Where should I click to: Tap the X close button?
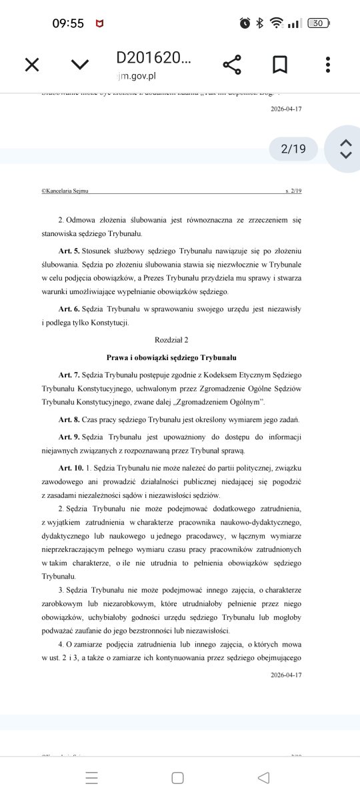(x=32, y=65)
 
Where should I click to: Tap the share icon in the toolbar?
(x=232, y=65)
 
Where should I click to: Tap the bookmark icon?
(x=280, y=65)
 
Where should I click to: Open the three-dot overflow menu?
(x=328, y=65)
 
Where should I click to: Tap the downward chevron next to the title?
(x=80, y=65)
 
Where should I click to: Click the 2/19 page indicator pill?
(x=293, y=149)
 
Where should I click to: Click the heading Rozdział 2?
(x=172, y=340)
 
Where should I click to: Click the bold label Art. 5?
(x=69, y=253)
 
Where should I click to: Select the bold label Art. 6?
(x=69, y=309)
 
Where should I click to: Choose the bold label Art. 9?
(x=69, y=436)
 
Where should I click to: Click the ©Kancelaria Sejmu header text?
(x=65, y=191)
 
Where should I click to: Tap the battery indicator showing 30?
(x=318, y=23)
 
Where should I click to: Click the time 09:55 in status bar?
(x=68, y=23)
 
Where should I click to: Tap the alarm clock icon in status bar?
(x=245, y=23)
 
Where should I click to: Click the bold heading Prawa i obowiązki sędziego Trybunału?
(x=172, y=357)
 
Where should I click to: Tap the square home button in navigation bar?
(x=177, y=777)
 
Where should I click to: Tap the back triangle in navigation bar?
(x=263, y=777)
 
